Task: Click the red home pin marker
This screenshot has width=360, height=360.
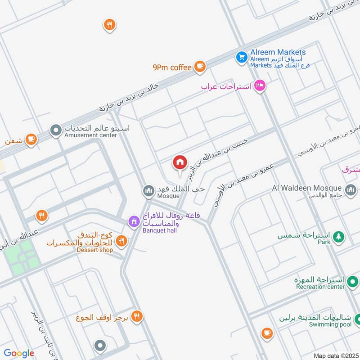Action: click(x=180, y=162)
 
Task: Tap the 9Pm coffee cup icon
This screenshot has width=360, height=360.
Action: click(x=200, y=67)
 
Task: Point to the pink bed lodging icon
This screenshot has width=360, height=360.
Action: click(x=259, y=85)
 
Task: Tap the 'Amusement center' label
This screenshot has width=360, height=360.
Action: click(x=91, y=135)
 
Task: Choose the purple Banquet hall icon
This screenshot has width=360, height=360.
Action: click(x=133, y=221)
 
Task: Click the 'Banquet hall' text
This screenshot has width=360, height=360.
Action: click(x=160, y=230)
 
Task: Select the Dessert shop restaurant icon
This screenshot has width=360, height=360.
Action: click(x=121, y=242)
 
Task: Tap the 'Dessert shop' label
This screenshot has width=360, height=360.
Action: click(x=94, y=250)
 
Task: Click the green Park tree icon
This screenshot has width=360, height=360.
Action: click(x=338, y=236)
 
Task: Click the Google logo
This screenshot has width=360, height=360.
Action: click(x=19, y=353)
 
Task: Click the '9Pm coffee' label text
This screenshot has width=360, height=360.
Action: click(x=172, y=67)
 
